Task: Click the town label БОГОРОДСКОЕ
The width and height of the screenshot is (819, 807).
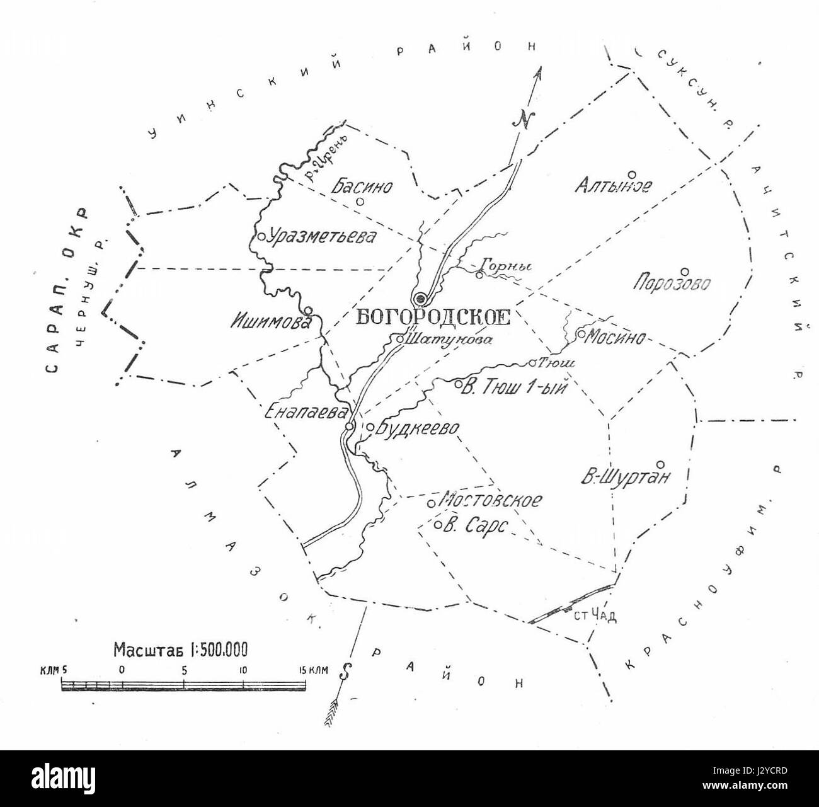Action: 432,317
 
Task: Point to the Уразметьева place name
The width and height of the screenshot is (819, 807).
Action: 321,237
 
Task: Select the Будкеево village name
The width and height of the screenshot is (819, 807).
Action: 416,429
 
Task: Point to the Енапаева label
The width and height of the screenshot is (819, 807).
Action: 306,412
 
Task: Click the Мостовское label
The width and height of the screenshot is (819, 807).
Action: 491,501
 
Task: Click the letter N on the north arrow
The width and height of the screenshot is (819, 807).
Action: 523,120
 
